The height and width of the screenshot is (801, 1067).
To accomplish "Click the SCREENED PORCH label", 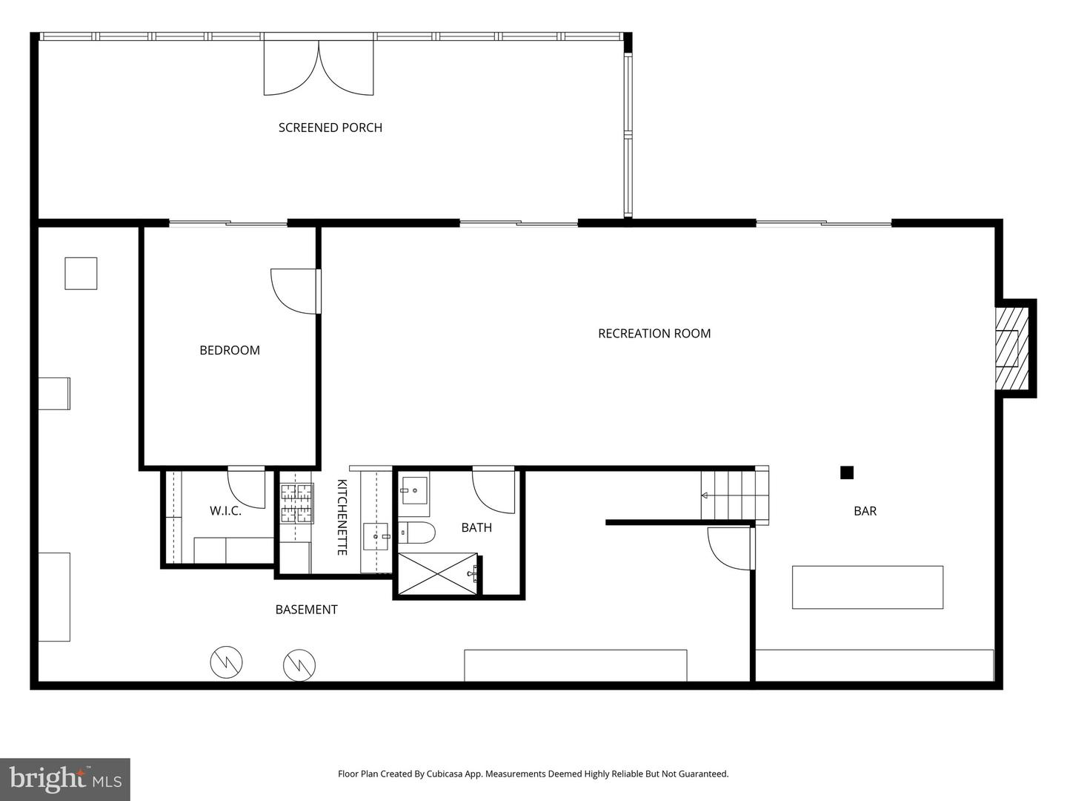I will tap(330, 128).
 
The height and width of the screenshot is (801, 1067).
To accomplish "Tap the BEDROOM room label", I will tap(230, 350).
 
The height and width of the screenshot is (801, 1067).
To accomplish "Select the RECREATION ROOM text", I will tap(654, 334).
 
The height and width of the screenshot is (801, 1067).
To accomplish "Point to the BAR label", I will tap(865, 511).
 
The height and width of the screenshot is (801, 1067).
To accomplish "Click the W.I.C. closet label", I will tap(225, 511).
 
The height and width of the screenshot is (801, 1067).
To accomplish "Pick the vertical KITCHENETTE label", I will tap(342, 517).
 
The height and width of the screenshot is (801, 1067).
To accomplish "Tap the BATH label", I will tap(476, 527).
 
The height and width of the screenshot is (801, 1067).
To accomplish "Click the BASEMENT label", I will tap(306, 610).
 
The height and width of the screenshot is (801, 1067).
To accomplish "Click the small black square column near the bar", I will tap(847, 472).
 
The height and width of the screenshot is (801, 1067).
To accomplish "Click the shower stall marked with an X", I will tap(437, 573).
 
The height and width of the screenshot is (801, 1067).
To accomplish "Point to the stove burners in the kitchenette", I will tap(296, 504).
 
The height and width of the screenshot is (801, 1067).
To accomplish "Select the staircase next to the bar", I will tap(734, 495).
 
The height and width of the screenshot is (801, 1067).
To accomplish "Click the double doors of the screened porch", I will tap(319, 68).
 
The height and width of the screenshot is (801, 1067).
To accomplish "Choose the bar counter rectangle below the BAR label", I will tap(867, 587).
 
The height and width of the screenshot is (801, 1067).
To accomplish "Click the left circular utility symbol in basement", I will tap(226, 662).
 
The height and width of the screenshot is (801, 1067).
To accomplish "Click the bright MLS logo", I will tap(65, 779).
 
